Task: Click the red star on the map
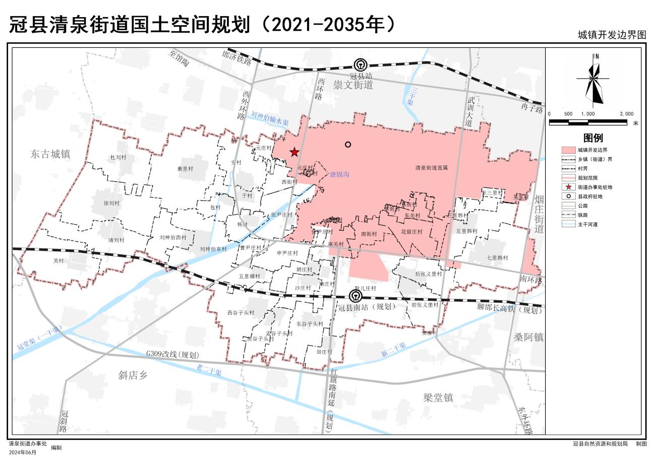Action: pos(294,152)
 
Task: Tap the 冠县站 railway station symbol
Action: pos(360,65)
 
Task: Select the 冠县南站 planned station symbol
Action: pos(356,296)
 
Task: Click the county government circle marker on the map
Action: pos(348,145)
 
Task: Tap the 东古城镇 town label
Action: pos(50,154)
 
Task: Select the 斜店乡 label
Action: pos(133,374)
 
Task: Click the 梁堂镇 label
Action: pos(438,398)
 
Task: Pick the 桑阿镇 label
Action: pos(528,338)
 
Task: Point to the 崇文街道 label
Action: pos(353,85)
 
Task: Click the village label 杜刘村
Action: pos(118,157)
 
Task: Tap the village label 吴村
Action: pos(59,261)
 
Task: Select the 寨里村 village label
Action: pos(186,169)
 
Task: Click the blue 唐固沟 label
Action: pos(339,174)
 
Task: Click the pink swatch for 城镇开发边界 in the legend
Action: pos(568,150)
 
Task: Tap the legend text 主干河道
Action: pos(587,224)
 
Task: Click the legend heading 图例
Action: pos(593,138)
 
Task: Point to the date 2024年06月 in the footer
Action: pos(23,452)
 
